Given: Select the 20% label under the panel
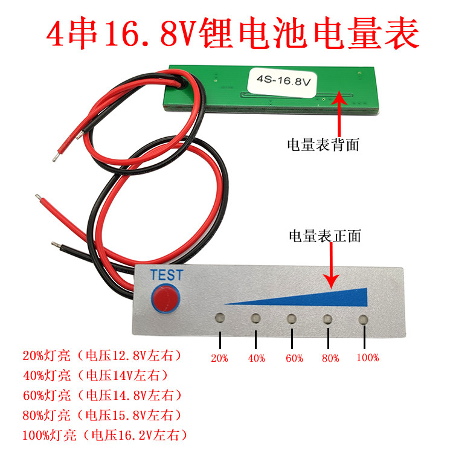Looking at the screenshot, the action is point(220,358).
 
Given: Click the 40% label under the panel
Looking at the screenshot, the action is point(256,358).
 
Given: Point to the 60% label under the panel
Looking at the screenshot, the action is point(294,358).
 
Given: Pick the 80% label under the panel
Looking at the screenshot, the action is point(330,358).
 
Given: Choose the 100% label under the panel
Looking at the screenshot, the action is point(367,358).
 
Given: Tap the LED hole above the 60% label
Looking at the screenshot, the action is point(292,318).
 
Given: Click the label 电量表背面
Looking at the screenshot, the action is point(323,145).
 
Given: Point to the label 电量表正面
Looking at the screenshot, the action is point(325,236).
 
